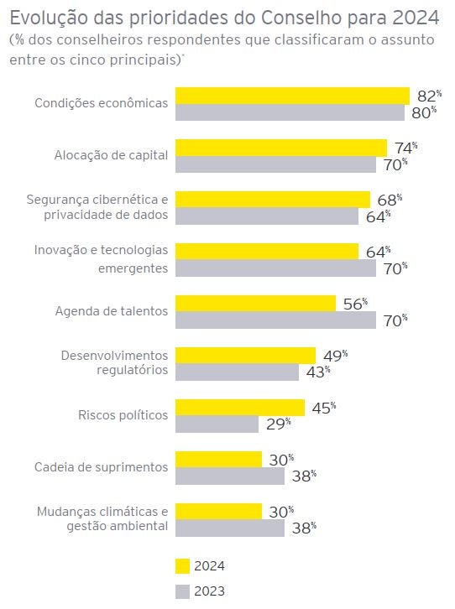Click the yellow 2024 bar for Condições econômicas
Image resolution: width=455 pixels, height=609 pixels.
[292, 96]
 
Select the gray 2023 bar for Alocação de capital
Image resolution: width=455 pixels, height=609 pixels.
[275, 164]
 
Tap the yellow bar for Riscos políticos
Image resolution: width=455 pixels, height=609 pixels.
[239, 407]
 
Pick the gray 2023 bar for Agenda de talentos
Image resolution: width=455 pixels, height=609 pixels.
[275, 320]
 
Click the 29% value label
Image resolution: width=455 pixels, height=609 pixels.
[277, 424]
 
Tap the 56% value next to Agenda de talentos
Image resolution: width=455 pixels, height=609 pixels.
[354, 304]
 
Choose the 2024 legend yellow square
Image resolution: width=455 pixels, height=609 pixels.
[182, 565]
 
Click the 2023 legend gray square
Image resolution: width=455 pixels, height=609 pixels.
[182, 591]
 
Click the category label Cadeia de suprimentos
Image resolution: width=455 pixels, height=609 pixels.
[101, 467]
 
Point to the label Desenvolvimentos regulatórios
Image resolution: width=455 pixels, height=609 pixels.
[114, 362]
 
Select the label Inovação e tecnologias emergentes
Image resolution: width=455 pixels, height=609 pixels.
[101, 258]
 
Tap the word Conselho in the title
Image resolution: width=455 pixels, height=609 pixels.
[283, 17]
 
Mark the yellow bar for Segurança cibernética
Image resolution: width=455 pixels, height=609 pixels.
[272, 200]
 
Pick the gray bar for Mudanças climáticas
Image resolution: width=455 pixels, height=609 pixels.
[229, 528]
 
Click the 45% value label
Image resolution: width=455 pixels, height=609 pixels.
[322, 408]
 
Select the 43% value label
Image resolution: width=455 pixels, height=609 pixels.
[316, 372]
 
